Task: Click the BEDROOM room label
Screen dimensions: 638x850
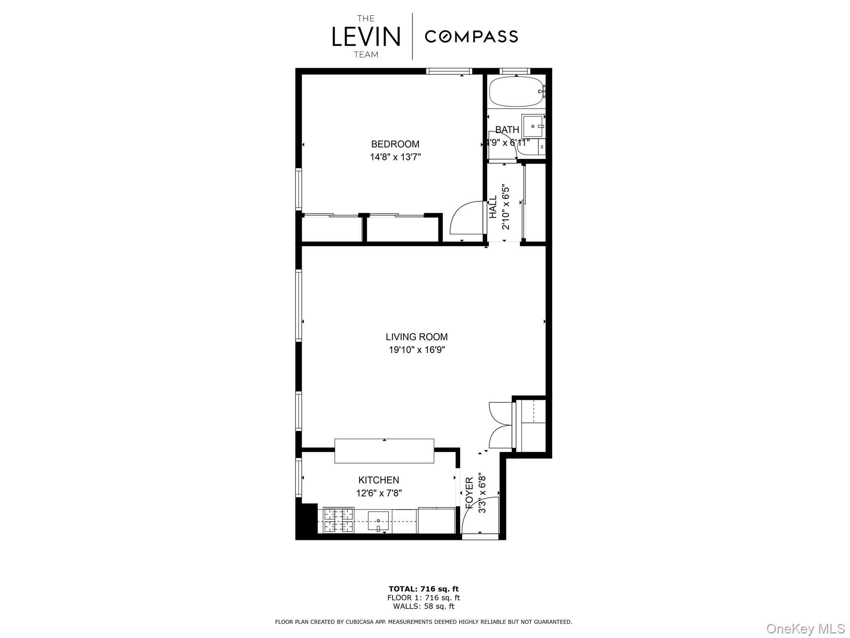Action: (395, 144)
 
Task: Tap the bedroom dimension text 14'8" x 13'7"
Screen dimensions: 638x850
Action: (395, 157)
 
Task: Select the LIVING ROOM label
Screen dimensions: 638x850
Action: (416, 337)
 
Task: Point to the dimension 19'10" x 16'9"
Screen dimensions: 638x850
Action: (416, 350)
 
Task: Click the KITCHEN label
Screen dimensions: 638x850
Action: (379, 480)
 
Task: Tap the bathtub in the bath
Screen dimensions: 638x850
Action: (516, 92)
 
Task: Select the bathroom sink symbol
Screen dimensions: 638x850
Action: (533, 126)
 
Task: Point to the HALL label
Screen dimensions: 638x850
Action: (493, 207)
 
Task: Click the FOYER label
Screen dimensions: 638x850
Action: (469, 493)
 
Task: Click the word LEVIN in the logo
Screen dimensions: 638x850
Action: (366, 37)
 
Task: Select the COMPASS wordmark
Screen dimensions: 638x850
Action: (471, 37)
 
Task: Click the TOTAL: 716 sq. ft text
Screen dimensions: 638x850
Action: (423, 589)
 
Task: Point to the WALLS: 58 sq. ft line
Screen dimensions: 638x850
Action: (423, 606)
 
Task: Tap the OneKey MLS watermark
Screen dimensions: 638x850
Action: (805, 628)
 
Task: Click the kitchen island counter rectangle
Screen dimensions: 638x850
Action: (384, 451)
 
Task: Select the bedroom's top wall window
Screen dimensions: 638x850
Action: (449, 71)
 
